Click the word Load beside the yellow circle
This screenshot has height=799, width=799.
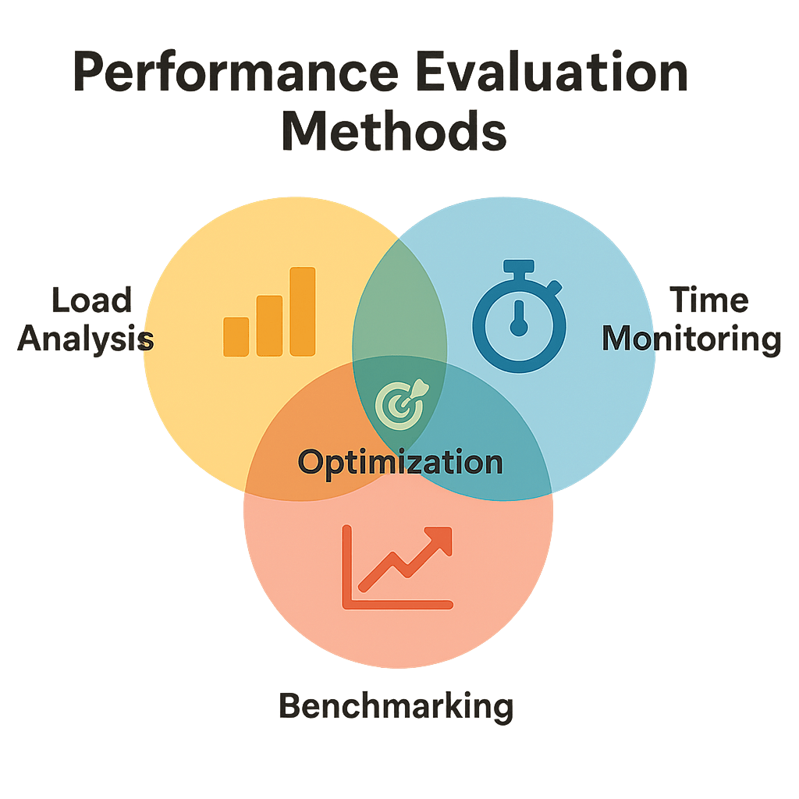pos(91,300)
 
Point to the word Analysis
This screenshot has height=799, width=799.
pos(86,339)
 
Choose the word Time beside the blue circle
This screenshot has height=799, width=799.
pos(708,300)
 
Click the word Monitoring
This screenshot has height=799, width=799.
pos(692,339)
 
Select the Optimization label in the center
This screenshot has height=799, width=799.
pos(400,461)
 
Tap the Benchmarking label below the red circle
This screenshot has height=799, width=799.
pos(396,706)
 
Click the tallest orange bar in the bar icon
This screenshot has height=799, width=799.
pos(302,311)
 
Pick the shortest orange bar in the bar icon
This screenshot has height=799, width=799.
pos(236,336)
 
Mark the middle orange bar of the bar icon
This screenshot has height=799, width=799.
pos(269,325)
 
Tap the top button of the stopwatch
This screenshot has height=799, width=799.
pos(519,268)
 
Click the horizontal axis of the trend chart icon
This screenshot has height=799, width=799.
pos(398,603)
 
